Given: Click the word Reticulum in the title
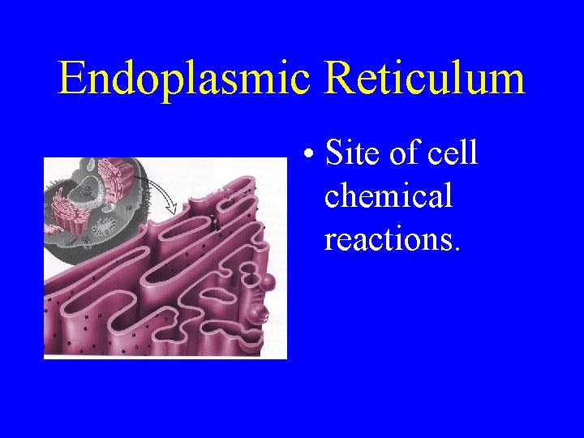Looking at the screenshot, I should point(425,79).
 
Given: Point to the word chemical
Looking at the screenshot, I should point(388,195).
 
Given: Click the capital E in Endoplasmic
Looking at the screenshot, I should point(71,79).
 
